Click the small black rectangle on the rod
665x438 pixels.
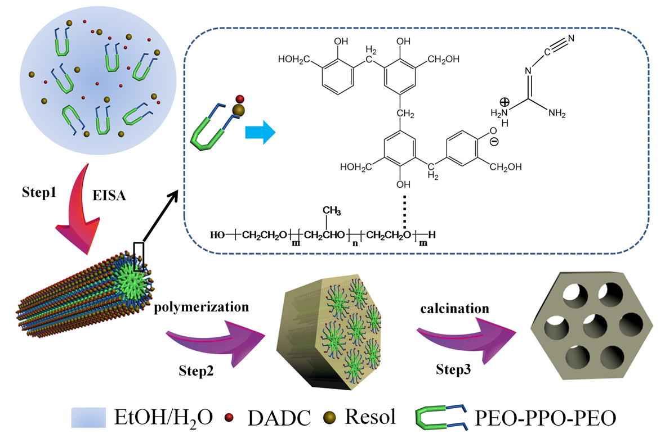[x=139, y=255]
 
